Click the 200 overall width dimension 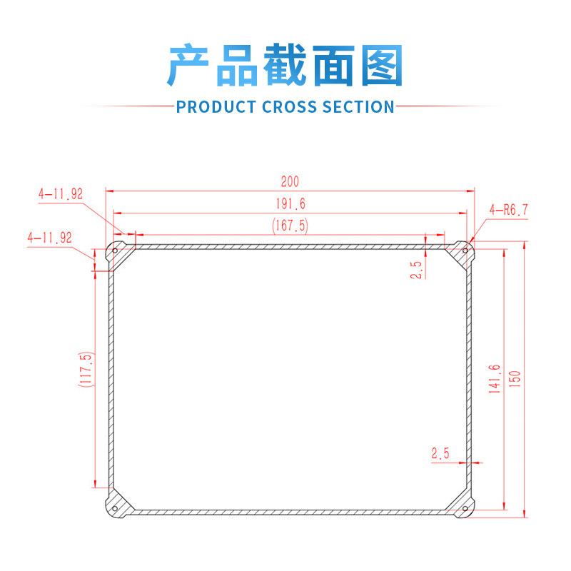(x=290, y=182)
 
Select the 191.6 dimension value (x=290, y=204)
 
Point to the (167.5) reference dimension (x=290, y=225)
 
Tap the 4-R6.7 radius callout (x=509, y=210)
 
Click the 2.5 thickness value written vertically (x=418, y=269)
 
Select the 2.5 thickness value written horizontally (x=440, y=453)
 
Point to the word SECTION (x=358, y=107)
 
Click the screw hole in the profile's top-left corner (x=114, y=251)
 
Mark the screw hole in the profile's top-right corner (x=465, y=251)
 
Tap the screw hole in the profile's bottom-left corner (x=114, y=508)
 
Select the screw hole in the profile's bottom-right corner (x=465, y=508)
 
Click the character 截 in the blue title (x=285, y=66)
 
